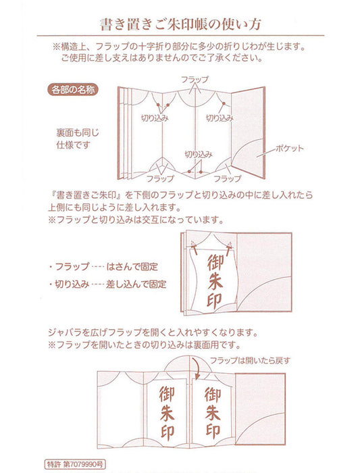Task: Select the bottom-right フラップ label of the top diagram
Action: [x=227, y=179]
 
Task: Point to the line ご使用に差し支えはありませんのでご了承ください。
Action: [x=180, y=59]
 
